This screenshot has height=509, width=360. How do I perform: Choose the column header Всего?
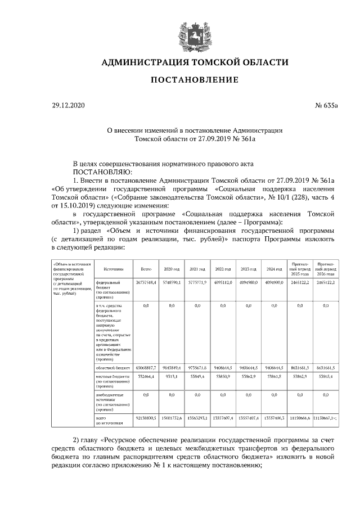click(x=146, y=269)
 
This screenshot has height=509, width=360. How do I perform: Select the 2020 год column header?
click(x=172, y=269)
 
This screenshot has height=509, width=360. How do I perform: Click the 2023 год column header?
click(x=249, y=269)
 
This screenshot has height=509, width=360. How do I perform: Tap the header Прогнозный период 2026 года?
click(x=326, y=266)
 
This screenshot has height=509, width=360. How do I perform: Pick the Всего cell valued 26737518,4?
click(x=146, y=281)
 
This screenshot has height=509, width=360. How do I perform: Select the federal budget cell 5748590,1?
click(x=172, y=281)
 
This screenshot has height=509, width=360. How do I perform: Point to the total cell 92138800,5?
click(x=146, y=420)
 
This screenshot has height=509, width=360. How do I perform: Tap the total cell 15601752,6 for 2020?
click(x=172, y=420)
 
